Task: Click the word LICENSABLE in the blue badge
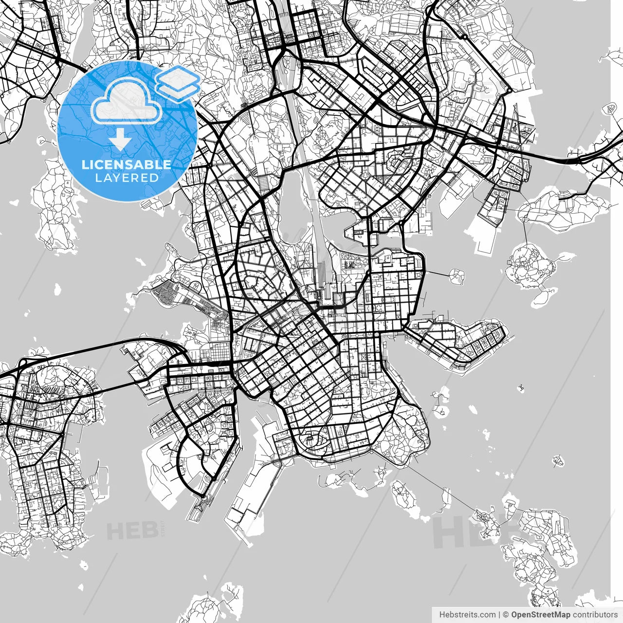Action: click(x=127, y=165)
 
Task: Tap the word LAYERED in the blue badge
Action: click(x=127, y=178)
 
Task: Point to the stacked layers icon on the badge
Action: click(x=179, y=83)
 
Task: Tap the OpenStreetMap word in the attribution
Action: click(x=540, y=615)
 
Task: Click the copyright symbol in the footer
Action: click(x=506, y=615)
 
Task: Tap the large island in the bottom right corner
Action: click(x=540, y=550)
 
